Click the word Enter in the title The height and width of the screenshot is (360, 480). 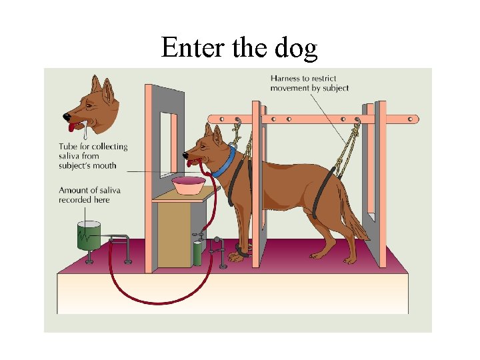(193, 47)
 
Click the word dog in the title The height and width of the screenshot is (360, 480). (296, 49)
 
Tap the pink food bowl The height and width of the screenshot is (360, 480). (188, 185)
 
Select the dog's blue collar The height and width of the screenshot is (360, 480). (225, 161)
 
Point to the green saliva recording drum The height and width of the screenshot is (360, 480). (89, 235)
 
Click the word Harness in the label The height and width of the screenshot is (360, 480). (285, 79)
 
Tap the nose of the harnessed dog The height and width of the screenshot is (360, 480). (185, 155)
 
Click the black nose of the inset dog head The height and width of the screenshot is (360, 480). (67, 117)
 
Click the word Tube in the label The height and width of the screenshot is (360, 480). (68, 146)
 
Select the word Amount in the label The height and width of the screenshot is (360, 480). (73, 191)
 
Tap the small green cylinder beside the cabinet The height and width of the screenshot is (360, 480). (197, 253)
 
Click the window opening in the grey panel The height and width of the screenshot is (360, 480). (169, 145)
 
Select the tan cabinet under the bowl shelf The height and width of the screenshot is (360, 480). (175, 235)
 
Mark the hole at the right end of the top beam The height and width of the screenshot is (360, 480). (411, 119)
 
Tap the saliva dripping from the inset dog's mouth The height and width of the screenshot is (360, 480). (85, 131)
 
